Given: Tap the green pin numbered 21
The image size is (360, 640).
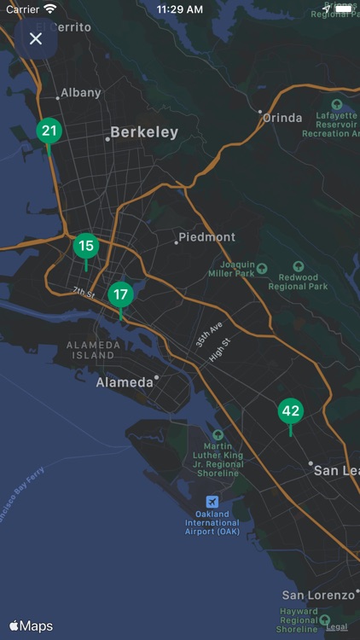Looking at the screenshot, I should (x=49, y=131).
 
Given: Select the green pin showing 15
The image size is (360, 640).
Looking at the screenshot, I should (x=85, y=247).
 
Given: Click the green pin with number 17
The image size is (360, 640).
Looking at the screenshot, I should (x=120, y=294).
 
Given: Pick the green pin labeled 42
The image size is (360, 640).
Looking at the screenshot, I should (x=290, y=410).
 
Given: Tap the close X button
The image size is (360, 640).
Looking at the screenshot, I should (x=36, y=38).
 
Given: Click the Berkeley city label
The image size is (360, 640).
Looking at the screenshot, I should (x=144, y=132).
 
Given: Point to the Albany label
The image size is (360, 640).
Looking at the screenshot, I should (x=81, y=92).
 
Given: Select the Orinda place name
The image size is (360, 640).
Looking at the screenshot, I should (x=282, y=118).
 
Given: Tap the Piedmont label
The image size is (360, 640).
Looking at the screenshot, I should (x=207, y=236).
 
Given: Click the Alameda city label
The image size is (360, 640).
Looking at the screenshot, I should (x=125, y=382).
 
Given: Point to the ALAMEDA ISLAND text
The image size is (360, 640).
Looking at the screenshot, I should (x=90, y=350).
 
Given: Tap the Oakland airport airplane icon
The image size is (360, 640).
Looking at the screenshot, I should (x=212, y=500).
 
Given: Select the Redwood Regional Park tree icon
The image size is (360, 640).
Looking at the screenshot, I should (x=298, y=267).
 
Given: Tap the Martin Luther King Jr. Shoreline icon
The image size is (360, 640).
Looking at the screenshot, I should (x=218, y=434).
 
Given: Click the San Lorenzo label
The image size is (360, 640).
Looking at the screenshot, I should (x=317, y=595).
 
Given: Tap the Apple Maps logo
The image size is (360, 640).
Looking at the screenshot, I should (x=32, y=626).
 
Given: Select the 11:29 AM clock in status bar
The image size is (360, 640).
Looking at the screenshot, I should (x=179, y=9).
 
